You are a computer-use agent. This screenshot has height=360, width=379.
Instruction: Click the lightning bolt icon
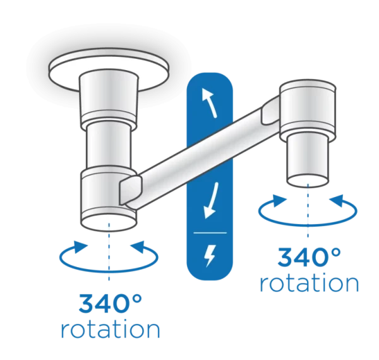point(210,256)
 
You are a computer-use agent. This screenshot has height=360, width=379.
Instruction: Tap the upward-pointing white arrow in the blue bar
point(209,103)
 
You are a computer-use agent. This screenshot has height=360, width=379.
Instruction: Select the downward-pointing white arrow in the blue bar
point(211,201)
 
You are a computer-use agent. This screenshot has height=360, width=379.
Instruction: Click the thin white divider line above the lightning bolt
point(210,233)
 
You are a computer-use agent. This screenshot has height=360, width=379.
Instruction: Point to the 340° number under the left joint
point(110,303)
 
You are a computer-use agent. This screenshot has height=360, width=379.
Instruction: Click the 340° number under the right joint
point(309,257)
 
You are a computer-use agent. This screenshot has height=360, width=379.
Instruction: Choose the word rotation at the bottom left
point(110,329)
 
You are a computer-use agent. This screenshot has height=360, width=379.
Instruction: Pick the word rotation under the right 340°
point(309,283)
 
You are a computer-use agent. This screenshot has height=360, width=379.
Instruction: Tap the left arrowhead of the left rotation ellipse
point(80,247)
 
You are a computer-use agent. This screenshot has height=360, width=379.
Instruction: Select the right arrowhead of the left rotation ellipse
point(138,247)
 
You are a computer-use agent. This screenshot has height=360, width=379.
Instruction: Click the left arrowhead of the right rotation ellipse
point(280,200)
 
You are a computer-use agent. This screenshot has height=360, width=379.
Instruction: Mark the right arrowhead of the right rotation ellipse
point(337,201)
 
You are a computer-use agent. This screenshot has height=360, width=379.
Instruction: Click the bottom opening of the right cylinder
point(308,180)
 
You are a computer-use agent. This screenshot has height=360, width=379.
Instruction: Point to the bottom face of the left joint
point(109,223)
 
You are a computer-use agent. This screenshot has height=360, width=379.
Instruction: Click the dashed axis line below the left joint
point(109,252)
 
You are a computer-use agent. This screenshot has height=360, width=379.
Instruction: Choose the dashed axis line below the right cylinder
point(308,211)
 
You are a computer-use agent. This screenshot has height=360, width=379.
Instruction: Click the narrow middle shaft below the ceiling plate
point(109,145)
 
